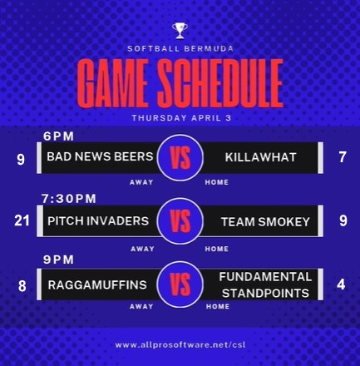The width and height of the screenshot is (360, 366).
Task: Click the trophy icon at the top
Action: (x=180, y=31)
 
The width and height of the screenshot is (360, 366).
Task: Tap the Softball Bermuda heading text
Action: (x=180, y=49)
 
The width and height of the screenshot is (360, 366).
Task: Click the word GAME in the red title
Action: (x=112, y=83)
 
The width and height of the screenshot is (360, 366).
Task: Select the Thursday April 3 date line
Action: (x=181, y=118)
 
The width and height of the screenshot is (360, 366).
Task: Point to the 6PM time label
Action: (x=59, y=136)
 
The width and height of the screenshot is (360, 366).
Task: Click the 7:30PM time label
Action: (x=69, y=199)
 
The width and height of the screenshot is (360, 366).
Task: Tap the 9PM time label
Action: (x=58, y=260)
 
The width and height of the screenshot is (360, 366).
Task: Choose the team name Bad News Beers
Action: (x=100, y=156)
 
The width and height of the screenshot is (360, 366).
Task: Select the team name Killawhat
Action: (x=260, y=157)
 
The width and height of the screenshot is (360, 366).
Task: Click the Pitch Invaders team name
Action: (x=98, y=221)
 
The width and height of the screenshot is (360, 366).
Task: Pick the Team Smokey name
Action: (x=265, y=222)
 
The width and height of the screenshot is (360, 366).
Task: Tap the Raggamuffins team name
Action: (x=97, y=285)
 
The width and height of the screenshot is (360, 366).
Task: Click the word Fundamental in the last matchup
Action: (x=265, y=277)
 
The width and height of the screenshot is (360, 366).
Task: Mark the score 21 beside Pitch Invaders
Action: (x=22, y=221)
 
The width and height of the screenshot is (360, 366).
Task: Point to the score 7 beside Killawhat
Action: (x=343, y=157)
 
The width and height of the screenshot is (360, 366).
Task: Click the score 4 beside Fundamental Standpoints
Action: (x=341, y=284)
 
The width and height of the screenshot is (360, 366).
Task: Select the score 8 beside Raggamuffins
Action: (x=22, y=286)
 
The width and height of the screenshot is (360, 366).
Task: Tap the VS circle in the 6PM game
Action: (x=180, y=158)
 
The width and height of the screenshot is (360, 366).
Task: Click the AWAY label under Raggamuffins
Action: (x=141, y=306)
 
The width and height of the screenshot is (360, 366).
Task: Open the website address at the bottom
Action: (x=180, y=345)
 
